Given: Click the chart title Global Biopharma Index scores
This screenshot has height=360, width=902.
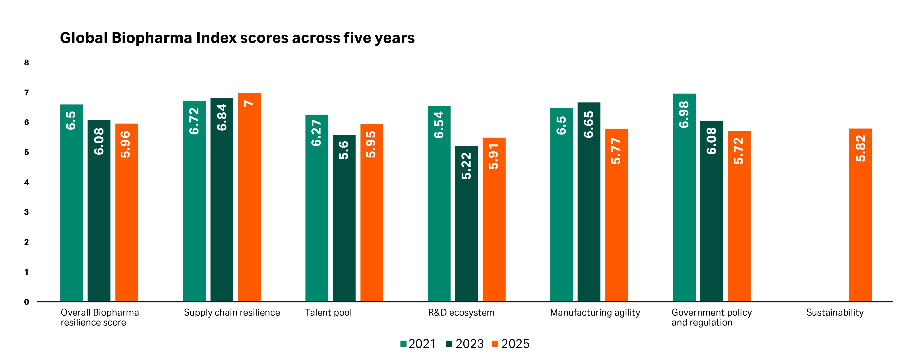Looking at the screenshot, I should (x=237, y=38).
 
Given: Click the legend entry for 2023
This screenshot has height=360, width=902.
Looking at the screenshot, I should (x=465, y=344).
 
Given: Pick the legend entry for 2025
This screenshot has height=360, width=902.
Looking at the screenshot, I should (x=511, y=344).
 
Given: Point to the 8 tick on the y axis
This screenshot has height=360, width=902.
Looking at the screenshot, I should (x=26, y=63).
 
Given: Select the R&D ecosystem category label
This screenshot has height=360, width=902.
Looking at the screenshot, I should (x=461, y=313).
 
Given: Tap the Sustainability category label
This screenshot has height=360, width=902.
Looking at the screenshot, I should (x=835, y=313).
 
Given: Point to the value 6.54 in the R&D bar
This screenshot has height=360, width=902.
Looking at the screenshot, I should (x=439, y=125).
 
